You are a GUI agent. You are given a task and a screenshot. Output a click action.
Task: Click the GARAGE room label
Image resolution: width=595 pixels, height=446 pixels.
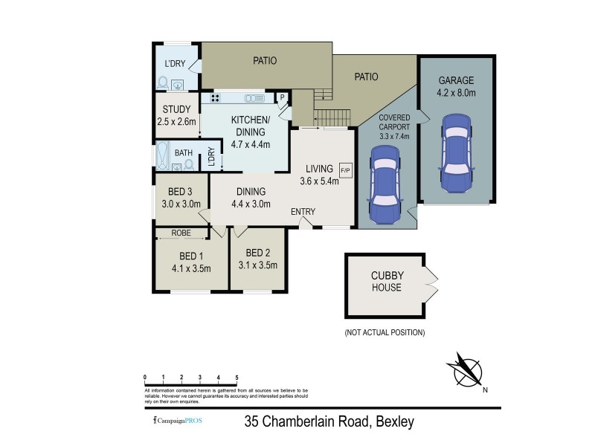456,80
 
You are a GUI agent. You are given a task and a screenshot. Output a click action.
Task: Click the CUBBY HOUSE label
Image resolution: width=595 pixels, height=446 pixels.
386,282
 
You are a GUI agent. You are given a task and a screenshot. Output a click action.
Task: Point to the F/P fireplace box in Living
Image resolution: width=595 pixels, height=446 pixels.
345,169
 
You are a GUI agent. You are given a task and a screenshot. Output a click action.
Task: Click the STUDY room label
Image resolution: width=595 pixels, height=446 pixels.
176,109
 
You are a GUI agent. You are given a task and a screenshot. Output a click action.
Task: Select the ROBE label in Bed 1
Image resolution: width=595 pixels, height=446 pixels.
181,233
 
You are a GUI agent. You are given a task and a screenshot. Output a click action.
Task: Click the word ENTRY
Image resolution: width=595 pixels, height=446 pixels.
303,212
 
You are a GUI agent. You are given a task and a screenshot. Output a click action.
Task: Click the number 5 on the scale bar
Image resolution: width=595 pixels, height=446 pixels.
237,378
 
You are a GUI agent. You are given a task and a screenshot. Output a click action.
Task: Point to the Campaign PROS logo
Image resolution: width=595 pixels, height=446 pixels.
177,421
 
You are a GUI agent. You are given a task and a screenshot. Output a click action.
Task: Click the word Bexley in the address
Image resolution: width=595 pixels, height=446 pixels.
393,422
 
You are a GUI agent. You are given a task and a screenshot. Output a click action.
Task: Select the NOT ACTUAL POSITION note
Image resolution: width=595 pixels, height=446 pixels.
385,332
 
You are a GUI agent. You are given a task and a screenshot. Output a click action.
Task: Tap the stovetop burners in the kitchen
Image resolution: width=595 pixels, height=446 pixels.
216,98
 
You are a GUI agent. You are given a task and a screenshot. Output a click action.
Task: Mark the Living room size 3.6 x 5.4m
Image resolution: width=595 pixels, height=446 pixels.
319,181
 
